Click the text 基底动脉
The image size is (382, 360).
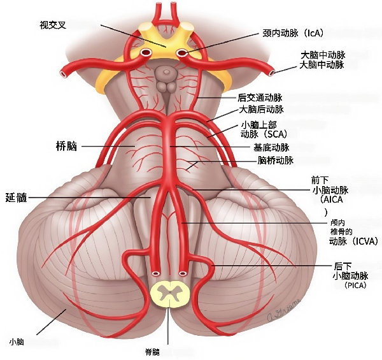click(271, 147)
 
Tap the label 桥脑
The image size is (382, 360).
click(66, 147)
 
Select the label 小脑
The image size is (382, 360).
click(17, 342)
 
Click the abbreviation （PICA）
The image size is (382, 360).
click(355, 286)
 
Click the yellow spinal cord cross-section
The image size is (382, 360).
click(169, 294)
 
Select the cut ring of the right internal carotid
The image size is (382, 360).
click(182, 53)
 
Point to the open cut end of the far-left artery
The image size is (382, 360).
click(64, 73)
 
